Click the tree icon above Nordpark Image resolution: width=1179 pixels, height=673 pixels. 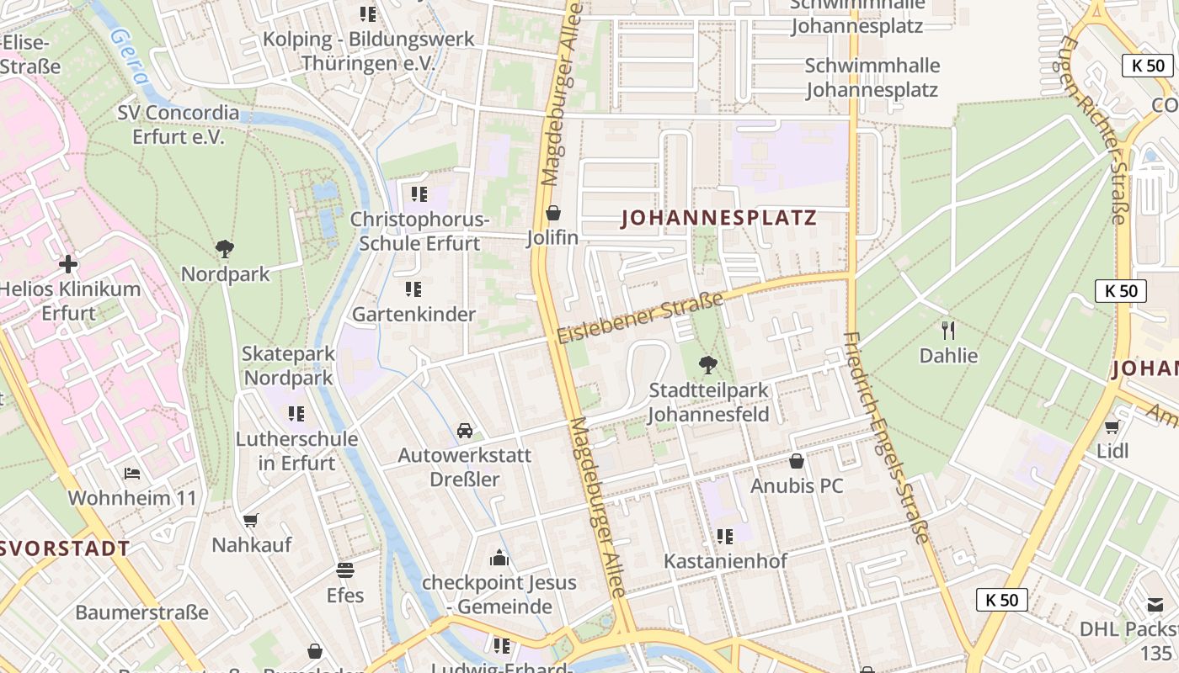tap(224, 249)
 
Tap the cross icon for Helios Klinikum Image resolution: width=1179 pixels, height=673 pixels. tap(68, 264)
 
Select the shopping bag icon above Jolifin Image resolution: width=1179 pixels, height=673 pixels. tap(553, 213)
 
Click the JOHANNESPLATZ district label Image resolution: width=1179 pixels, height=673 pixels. tap(719, 219)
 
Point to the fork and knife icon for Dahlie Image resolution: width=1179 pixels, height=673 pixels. tap(948, 329)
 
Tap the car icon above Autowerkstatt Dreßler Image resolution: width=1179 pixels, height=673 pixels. tap(465, 431)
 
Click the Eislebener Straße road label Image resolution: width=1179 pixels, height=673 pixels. tap(640, 317)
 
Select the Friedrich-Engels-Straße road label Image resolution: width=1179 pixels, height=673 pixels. tap(886, 437)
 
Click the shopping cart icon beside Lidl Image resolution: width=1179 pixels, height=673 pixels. tap(1112, 427)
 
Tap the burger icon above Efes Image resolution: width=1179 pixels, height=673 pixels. tap(345, 570)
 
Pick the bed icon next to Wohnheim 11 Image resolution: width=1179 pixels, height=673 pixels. tap(132, 474)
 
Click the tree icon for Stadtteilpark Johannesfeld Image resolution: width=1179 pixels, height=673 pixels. tap(708, 365)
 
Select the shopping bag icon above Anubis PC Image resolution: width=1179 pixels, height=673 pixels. tap(797, 461)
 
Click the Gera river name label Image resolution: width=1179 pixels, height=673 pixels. tap(130, 57)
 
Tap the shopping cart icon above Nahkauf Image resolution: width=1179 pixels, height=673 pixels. tap(250, 521)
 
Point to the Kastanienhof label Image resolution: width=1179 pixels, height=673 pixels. tap(725, 561)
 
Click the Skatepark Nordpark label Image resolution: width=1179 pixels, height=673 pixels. tap(288, 366)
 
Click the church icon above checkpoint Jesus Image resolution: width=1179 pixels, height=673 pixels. tap(499, 558)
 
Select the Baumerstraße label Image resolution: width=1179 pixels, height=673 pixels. tap(141, 612)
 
